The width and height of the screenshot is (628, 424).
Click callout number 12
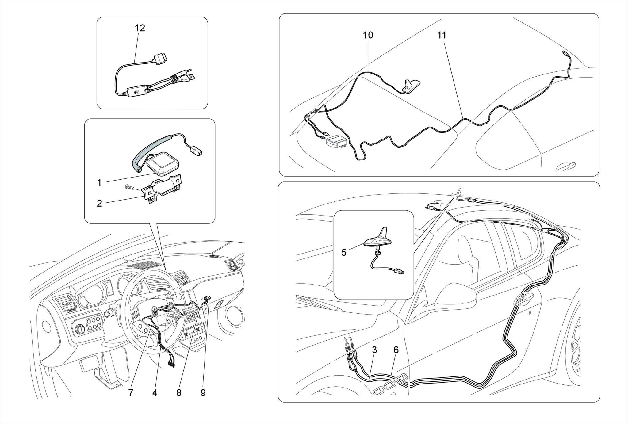click(140, 28)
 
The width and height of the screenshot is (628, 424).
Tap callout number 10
click(368, 36)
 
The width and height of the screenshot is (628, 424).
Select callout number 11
click(442, 36)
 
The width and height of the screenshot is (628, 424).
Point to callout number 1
click(99, 183)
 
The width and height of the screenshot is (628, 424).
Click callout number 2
click(99, 203)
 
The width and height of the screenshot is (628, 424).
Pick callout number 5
click(344, 253)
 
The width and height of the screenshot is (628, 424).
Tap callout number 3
click(374, 350)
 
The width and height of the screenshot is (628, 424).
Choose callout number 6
click(396, 350)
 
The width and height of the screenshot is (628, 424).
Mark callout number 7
click(131, 393)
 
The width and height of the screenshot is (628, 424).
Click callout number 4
click(155, 393)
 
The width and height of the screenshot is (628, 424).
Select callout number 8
click(179, 393)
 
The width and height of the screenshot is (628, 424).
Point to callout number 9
click(203, 393)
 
